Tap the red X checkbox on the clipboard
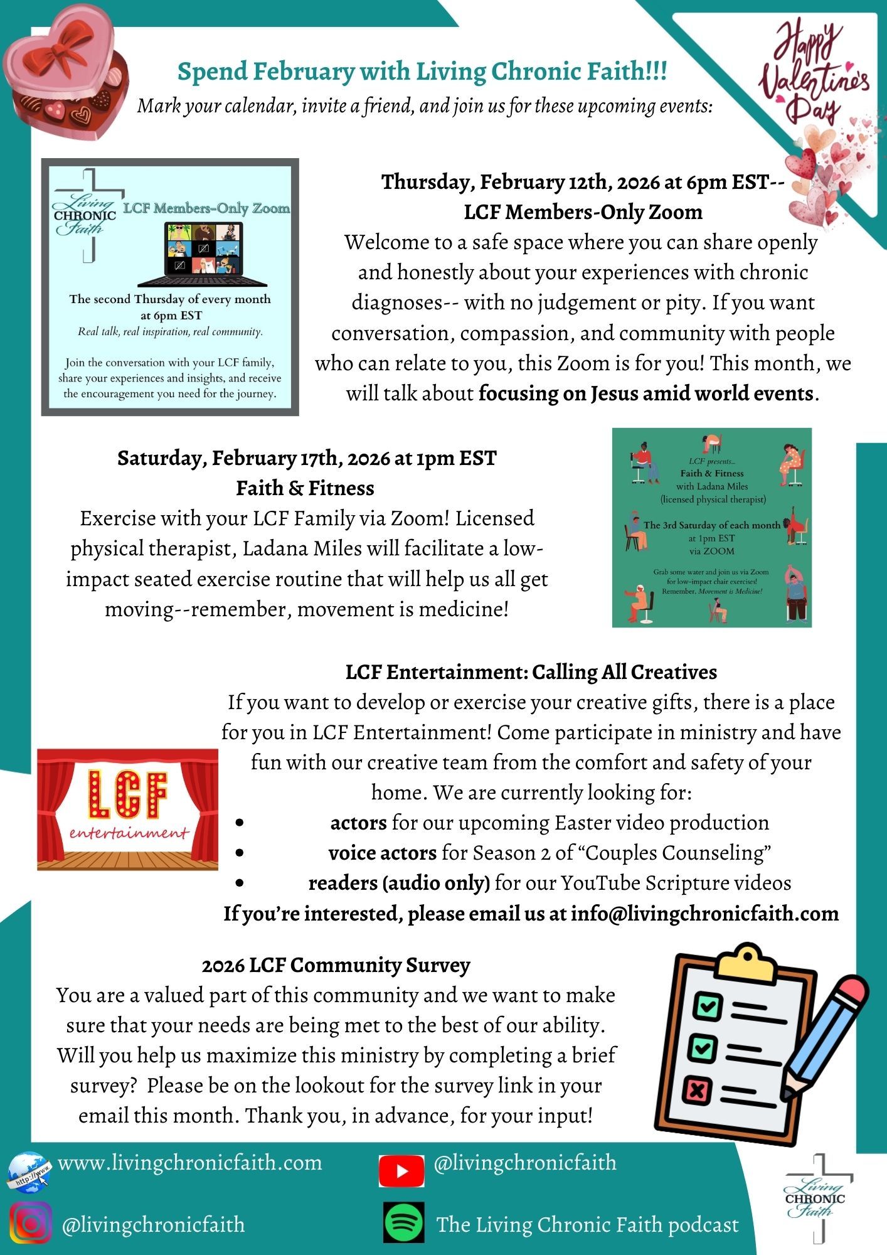point(697,1089)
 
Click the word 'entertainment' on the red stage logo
point(129,833)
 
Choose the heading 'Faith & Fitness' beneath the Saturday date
point(305,488)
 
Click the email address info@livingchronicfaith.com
point(704,914)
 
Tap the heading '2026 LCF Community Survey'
point(336,965)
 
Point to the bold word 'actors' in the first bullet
point(358,823)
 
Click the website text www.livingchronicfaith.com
point(189,1163)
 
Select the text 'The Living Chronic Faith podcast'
point(587,1224)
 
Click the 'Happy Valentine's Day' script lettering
point(814,72)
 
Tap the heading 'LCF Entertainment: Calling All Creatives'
point(531,672)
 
